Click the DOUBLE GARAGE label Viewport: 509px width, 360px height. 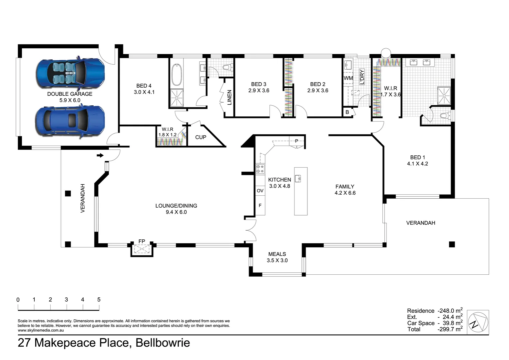70,94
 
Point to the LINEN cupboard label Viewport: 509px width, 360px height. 229,97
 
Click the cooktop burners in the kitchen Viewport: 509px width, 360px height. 260,169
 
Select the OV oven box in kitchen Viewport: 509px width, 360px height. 260,191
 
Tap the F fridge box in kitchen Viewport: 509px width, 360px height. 260,206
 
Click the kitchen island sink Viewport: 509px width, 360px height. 298,179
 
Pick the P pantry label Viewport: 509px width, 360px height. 296,141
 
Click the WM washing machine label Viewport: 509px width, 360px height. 348,78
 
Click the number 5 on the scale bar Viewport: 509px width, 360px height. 99,300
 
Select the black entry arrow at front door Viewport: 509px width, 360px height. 100,155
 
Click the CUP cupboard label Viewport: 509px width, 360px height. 201,137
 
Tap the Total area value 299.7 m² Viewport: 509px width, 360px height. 450,329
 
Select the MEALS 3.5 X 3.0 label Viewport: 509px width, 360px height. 277,257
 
